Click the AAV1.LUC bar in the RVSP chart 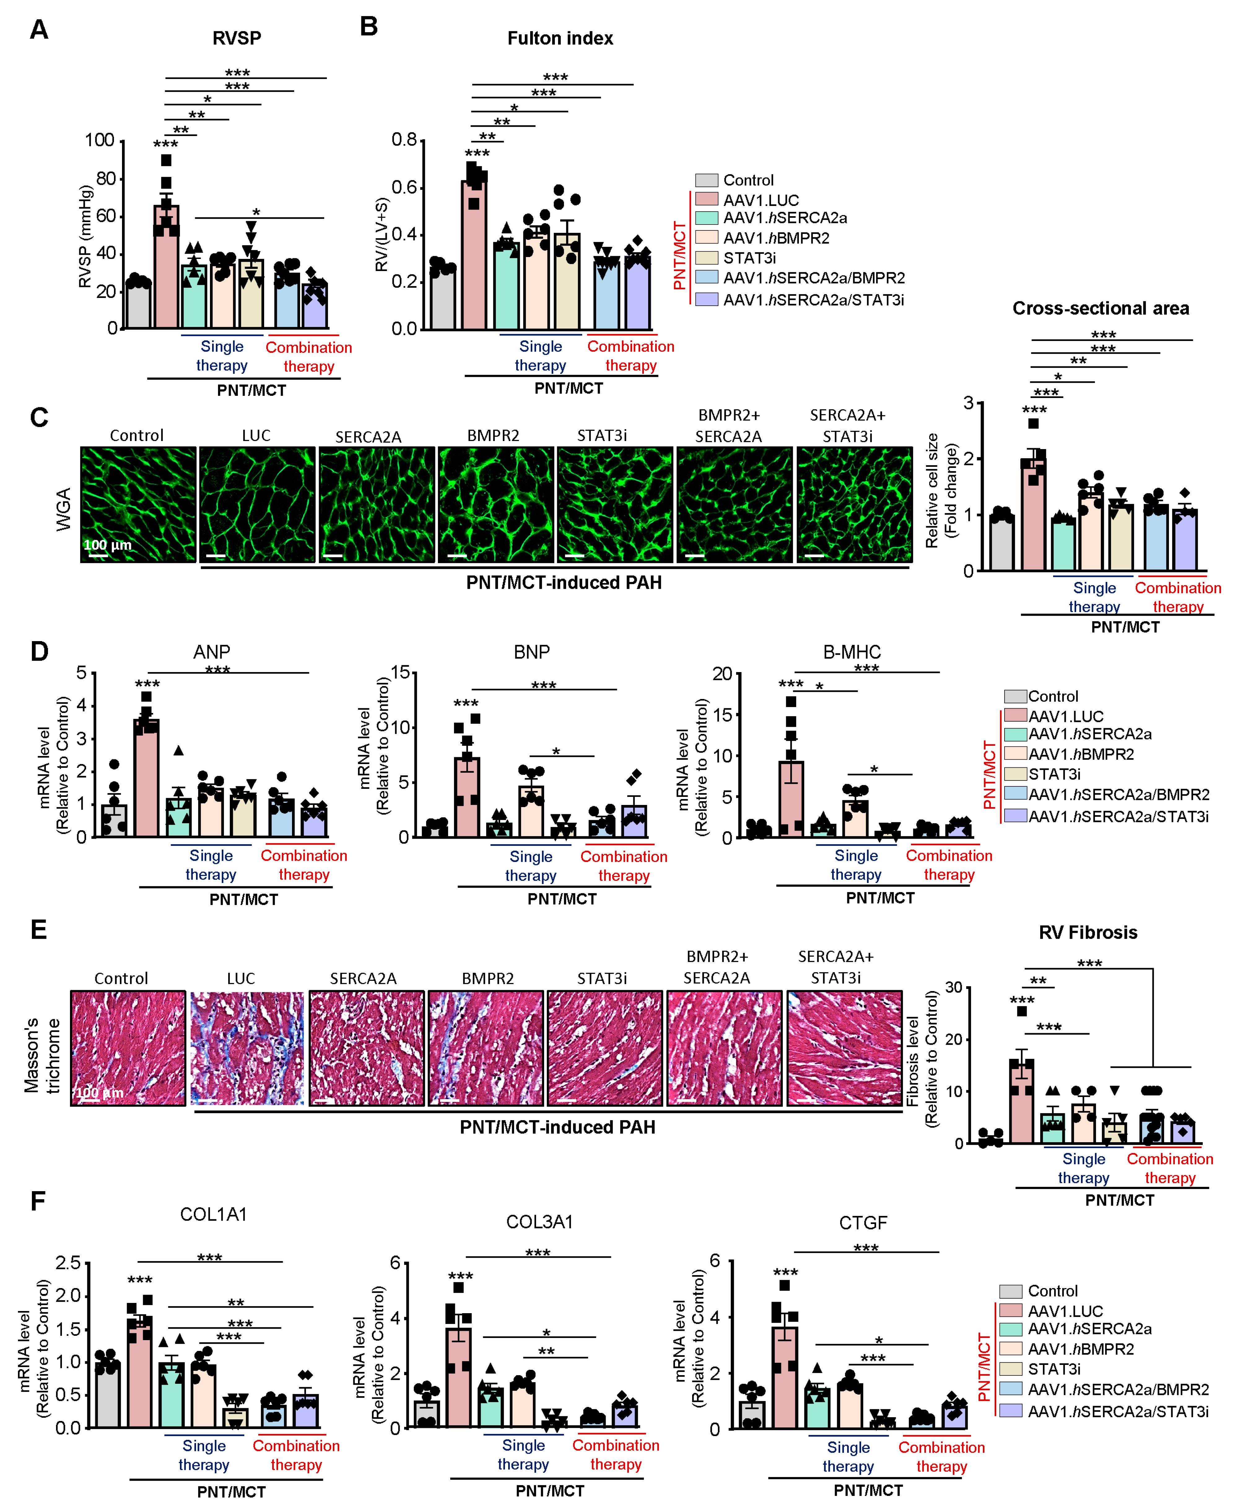pos(166,272)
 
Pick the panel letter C pos(39,417)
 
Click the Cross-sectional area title pos(1101,308)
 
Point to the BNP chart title pos(531,652)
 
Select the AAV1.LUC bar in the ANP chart pos(147,780)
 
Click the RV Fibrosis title pos(1088,932)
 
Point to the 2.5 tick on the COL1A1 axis pos(69,1262)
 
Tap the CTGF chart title pos(863,1223)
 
